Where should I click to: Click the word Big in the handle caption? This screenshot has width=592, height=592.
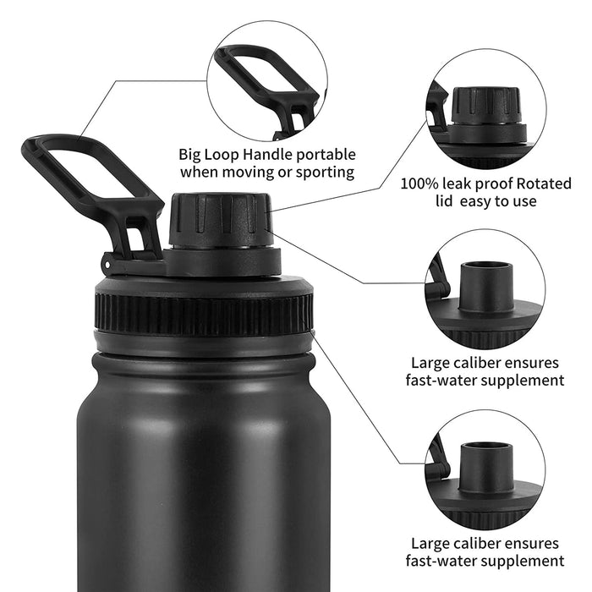pyautogui.click(x=189, y=155)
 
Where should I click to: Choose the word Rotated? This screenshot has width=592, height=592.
pyautogui.click(x=544, y=184)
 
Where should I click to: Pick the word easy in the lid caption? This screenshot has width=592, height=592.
pyautogui.click(x=477, y=201)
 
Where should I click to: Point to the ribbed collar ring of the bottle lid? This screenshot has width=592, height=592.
pyautogui.click(x=204, y=315)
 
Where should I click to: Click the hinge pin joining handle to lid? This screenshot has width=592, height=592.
pyautogui.click(x=107, y=265)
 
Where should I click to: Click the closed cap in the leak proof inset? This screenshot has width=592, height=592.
pyautogui.click(x=487, y=106)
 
